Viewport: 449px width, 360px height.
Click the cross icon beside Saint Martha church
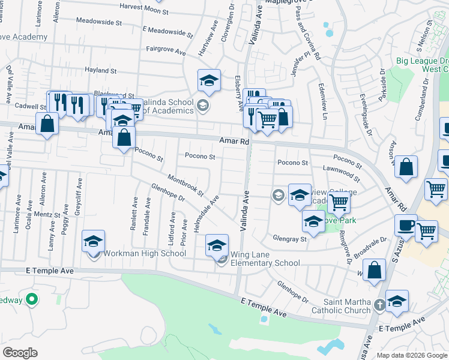tap(379, 305)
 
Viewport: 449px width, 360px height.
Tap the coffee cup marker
tap(406, 225)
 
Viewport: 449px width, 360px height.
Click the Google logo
tap(20, 353)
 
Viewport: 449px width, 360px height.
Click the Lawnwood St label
tap(341, 173)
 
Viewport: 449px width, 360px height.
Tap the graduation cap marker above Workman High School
tap(93, 241)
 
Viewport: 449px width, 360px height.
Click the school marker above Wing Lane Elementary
tap(217, 245)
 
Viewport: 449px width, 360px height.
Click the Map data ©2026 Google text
tap(412, 355)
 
